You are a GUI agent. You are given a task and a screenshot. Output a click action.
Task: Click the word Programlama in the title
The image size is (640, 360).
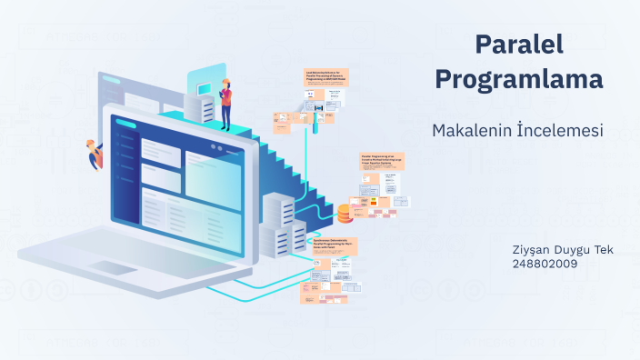pyautogui.click(x=519, y=79)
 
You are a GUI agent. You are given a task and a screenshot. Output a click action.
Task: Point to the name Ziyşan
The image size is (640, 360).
pyautogui.click(x=533, y=250)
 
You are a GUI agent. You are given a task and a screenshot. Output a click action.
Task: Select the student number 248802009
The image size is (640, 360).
pyautogui.click(x=545, y=264)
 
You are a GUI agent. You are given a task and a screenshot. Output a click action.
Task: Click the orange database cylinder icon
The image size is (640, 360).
pyautogui.click(x=345, y=214)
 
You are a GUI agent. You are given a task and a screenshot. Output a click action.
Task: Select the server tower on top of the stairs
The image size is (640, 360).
pyautogui.click(x=201, y=105)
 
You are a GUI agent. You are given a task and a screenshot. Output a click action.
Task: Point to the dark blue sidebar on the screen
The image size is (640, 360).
pyautogui.click(x=126, y=181)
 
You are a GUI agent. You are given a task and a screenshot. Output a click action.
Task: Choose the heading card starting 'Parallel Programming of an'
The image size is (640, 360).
pyautogui.click(x=384, y=161)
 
